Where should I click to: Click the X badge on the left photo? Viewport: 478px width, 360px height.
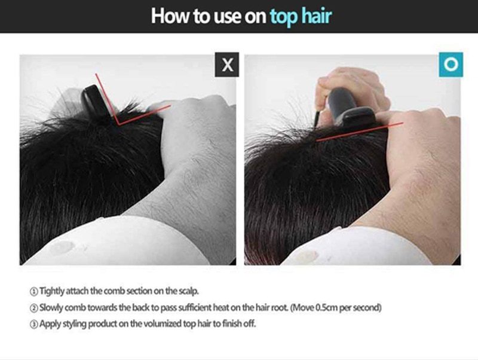click(x=227, y=65)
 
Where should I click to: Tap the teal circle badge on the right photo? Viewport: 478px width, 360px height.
click(x=451, y=65)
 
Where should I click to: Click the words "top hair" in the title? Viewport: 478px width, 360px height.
click(x=300, y=16)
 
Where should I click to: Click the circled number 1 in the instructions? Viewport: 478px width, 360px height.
click(x=33, y=292)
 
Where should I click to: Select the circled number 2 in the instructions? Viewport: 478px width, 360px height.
click(x=33, y=308)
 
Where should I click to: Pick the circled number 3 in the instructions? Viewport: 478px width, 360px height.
click(x=33, y=324)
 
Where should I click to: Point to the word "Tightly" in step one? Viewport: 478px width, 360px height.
click(x=52, y=292)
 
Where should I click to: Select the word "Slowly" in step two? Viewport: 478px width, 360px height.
click(x=52, y=308)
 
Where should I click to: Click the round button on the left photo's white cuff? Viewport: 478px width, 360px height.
click(x=62, y=248)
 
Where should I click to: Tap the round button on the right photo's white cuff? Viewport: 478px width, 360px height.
click(x=307, y=257)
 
